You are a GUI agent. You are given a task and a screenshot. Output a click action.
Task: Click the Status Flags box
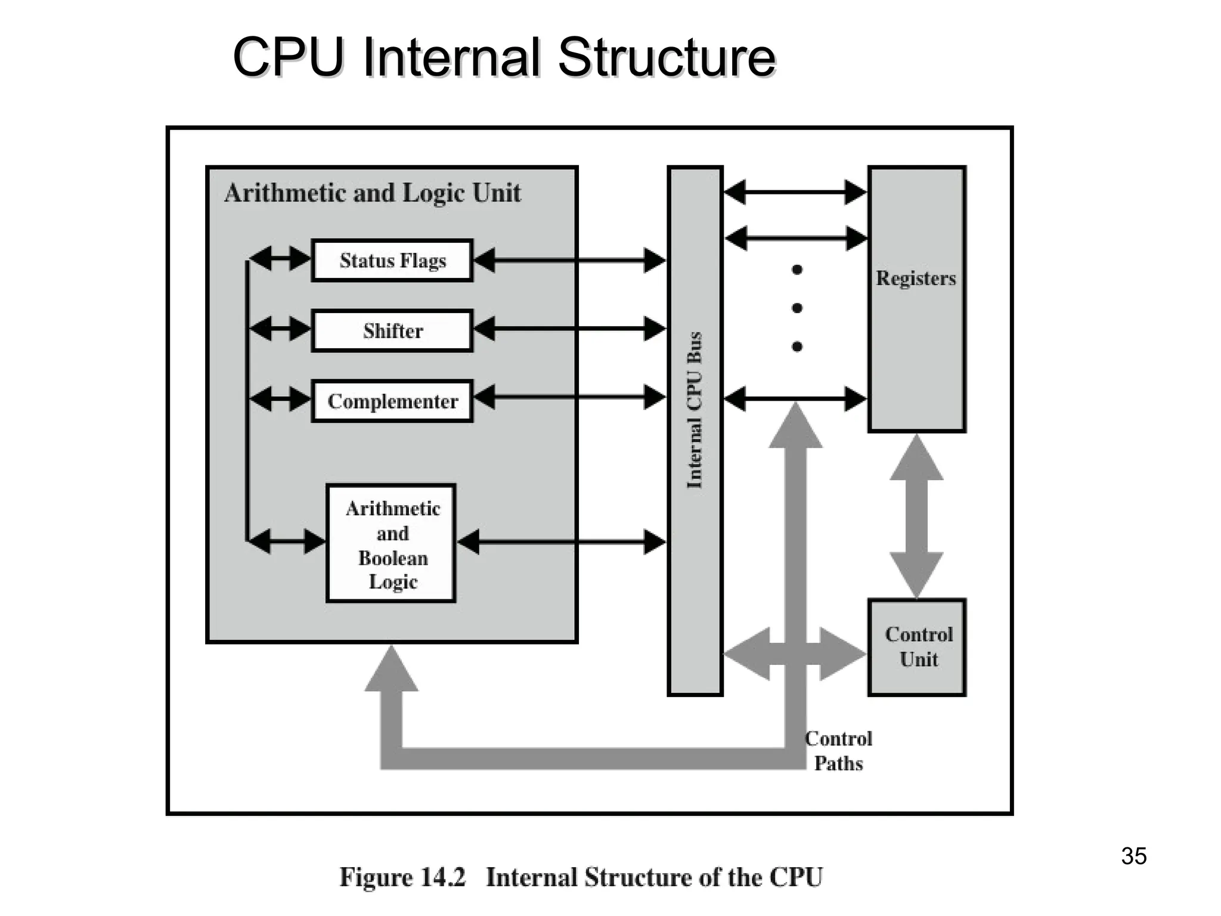pos(392,261)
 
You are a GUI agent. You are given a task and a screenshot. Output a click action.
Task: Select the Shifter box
pos(392,330)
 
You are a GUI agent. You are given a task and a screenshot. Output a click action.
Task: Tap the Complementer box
pos(392,401)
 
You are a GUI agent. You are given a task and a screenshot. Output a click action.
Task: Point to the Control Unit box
pos(917,647)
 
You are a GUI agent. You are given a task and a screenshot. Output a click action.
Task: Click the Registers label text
pos(916,278)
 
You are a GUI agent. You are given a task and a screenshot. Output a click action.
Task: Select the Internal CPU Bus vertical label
pos(695,410)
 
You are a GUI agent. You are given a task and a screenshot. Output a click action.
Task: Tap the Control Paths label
pos(838,751)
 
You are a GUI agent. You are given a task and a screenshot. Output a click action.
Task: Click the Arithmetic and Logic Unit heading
pos(373,193)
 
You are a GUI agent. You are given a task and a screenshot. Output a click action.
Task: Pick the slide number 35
pos(1133,856)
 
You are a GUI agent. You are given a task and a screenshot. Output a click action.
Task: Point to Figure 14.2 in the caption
pos(402,877)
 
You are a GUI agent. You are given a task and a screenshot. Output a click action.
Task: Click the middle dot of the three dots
pos(797,308)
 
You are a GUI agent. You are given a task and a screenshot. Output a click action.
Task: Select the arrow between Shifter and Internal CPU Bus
pos(569,329)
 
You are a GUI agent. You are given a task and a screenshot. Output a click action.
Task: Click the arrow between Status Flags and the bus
pos(569,260)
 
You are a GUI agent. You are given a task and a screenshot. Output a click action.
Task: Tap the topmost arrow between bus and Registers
pos(795,192)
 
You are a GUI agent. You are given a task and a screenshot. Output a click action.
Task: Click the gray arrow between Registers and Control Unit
pos(916,516)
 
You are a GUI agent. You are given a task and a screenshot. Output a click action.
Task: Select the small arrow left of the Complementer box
pos(280,398)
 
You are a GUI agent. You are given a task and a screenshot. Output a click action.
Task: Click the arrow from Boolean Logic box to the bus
pos(562,541)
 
